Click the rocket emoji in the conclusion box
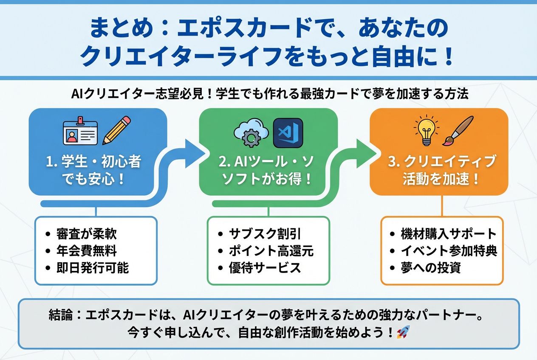click(402, 332)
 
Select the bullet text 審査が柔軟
click(86, 234)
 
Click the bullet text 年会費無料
click(86, 251)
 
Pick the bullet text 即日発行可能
click(92, 268)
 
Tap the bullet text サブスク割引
click(265, 234)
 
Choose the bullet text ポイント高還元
click(271, 251)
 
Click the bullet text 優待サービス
click(265, 268)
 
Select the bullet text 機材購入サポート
click(449, 234)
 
